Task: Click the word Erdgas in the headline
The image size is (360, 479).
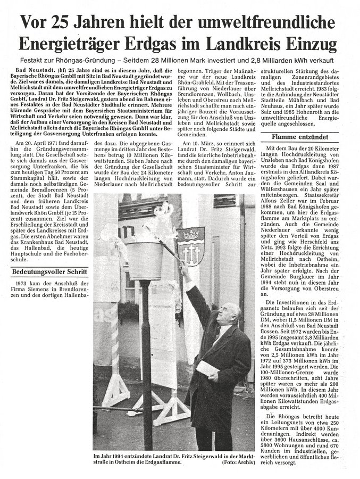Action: point(182,41)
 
